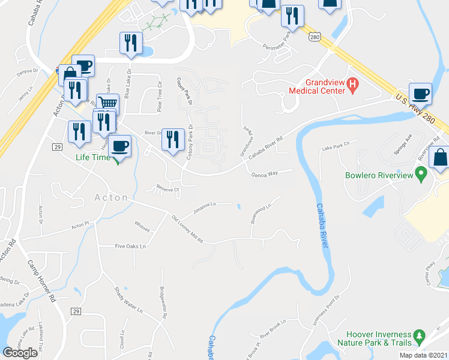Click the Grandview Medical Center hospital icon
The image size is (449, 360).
[354, 86]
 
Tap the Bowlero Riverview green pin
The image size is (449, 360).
[421, 175]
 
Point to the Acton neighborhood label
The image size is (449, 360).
[111, 197]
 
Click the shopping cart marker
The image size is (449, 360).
[107, 104]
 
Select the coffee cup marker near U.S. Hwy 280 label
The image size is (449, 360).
[420, 94]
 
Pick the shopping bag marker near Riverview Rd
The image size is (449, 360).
[440, 158]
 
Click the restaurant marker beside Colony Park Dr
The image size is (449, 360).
[173, 140]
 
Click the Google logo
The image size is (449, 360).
[20, 353]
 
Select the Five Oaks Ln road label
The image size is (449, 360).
[131, 246]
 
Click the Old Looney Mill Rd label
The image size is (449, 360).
[187, 229]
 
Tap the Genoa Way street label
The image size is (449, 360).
[265, 173]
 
